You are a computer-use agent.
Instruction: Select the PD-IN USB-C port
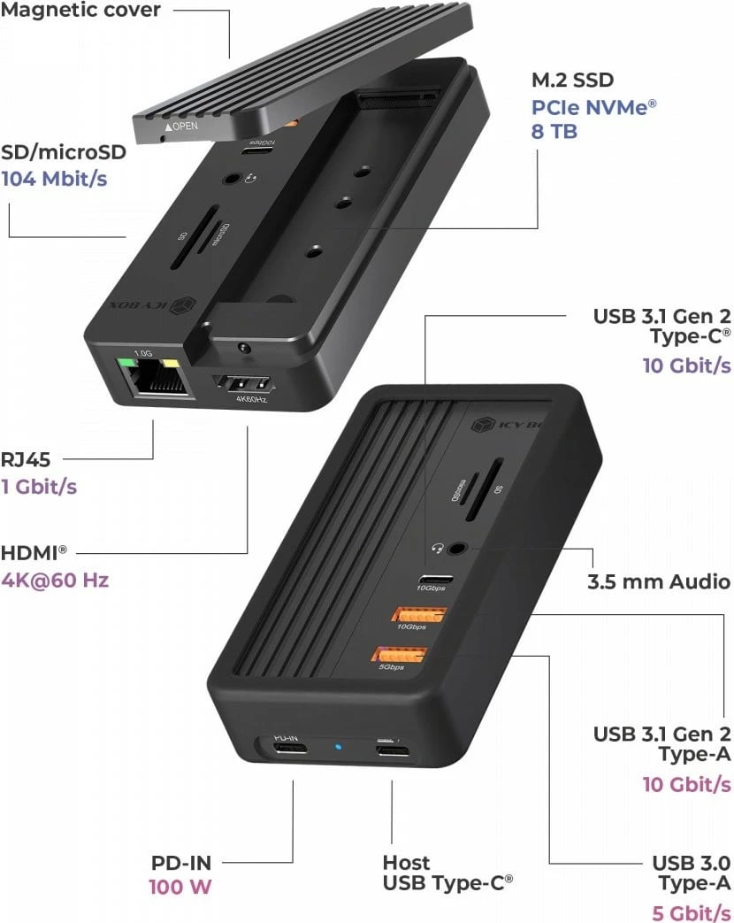click(287, 750)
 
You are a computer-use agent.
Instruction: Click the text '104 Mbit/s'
click(54, 179)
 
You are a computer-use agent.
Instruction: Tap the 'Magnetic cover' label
click(80, 12)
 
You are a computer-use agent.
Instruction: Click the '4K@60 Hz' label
click(55, 581)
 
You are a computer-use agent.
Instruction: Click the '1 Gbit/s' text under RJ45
click(38, 487)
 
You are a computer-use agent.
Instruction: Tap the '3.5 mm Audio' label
click(659, 581)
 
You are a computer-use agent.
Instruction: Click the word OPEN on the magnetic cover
click(180, 127)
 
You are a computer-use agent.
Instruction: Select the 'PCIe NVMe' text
click(593, 107)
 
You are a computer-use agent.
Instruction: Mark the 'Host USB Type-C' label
click(447, 873)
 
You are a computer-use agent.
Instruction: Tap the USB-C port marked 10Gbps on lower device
click(437, 581)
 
